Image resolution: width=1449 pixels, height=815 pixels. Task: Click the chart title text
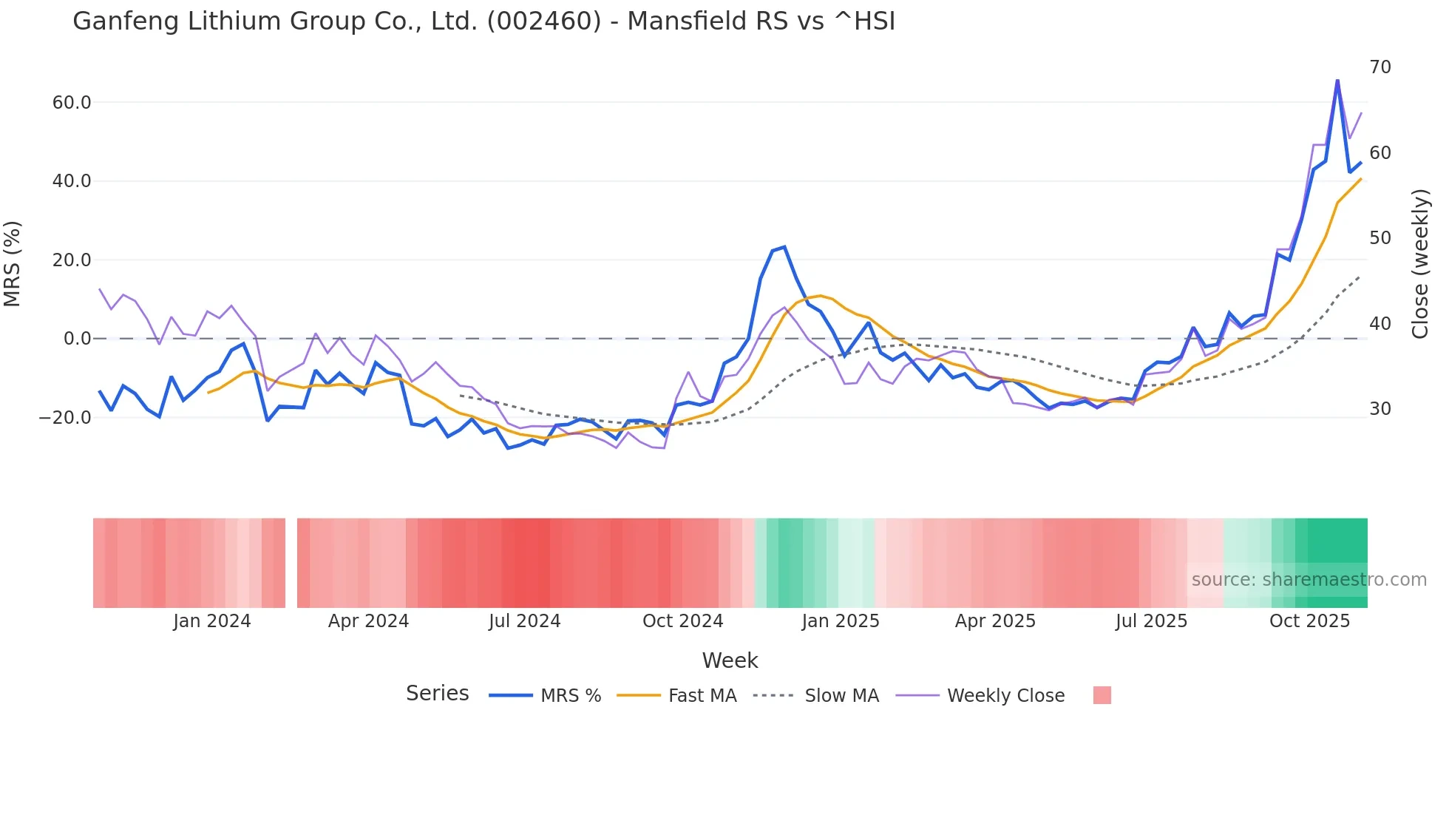coord(483,21)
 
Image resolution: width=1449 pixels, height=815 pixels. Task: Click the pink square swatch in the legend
coord(1102,695)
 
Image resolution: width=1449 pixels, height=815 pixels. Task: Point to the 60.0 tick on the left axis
coord(72,103)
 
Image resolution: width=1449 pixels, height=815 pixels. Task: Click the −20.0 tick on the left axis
coord(65,418)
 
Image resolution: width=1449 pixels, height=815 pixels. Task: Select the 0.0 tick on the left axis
coord(77,339)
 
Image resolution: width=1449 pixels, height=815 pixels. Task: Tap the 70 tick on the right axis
coord(1380,67)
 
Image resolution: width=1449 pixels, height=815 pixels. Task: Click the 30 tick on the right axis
coord(1380,409)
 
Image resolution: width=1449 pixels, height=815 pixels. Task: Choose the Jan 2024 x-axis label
coord(212,621)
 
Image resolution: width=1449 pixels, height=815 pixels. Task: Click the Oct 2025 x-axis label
coord(1309,621)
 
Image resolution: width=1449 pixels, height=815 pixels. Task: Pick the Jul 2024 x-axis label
coord(524,621)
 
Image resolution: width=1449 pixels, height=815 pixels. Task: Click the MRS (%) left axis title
coord(13,263)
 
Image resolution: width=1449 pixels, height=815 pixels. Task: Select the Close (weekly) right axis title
coord(1419,264)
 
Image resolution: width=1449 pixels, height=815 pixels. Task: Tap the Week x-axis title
coord(730,660)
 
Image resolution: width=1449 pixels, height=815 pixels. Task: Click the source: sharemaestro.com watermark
coord(1309,580)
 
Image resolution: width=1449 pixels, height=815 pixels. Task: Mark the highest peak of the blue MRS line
coord(1337,81)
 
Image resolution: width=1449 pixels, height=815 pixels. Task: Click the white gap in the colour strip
coord(291,563)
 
